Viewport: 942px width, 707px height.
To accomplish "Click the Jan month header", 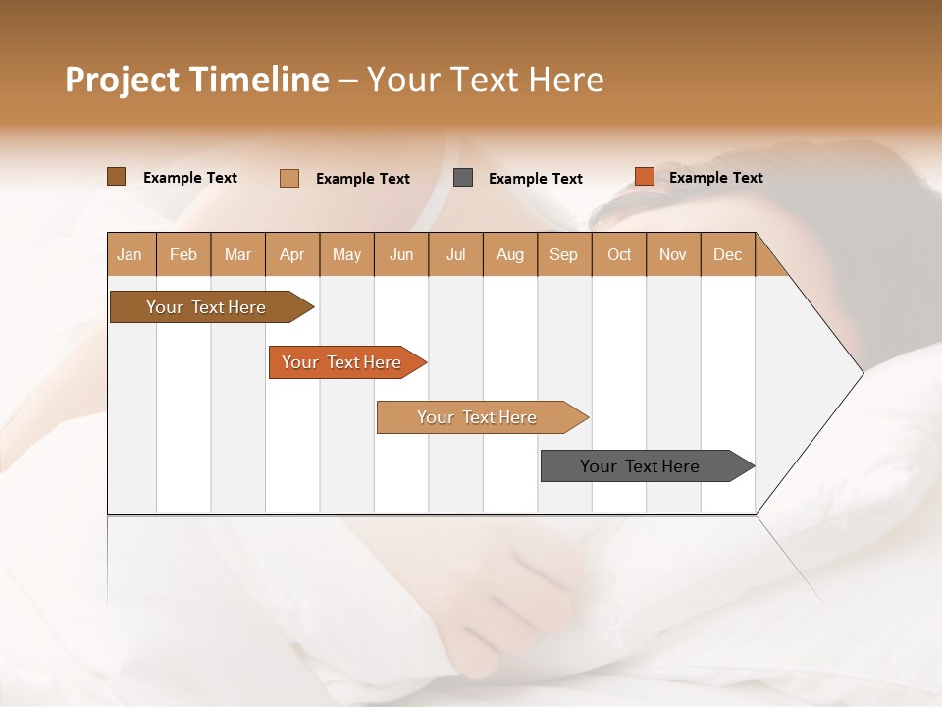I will pos(130,254).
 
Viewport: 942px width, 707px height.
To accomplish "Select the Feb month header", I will pos(183,254).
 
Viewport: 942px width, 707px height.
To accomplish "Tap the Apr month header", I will pos(291,254).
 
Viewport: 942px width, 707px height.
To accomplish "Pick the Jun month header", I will pos(401,254).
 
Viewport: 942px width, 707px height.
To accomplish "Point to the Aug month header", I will pos(509,254).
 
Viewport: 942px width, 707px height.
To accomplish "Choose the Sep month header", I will pos(563,254).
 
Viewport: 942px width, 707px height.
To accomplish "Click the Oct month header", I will pos(619,254).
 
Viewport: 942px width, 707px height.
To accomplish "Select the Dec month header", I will pos(727,254).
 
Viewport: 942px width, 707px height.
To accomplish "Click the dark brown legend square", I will pos(117,177).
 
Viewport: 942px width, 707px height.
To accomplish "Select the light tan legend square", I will pos(289,178).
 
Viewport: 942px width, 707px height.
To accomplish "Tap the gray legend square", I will pos(463,177).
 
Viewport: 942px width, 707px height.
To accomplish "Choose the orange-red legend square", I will pos(644,177).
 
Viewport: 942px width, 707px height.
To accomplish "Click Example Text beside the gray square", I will pos(535,178).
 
